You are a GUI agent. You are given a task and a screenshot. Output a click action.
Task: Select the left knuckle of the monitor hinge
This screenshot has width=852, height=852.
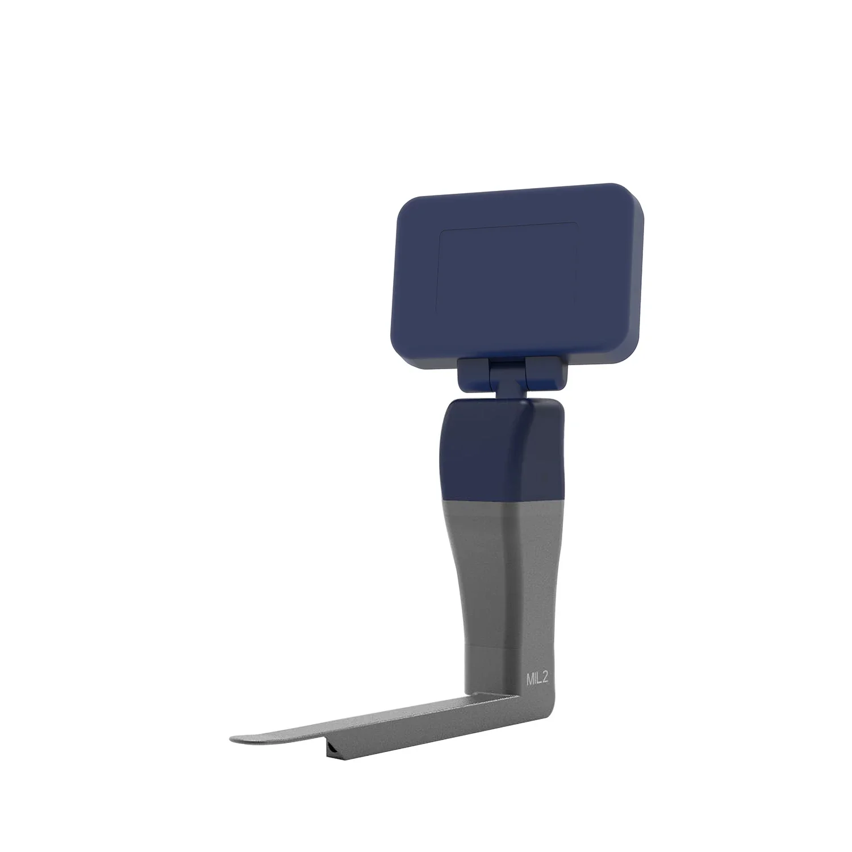pos(473,374)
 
